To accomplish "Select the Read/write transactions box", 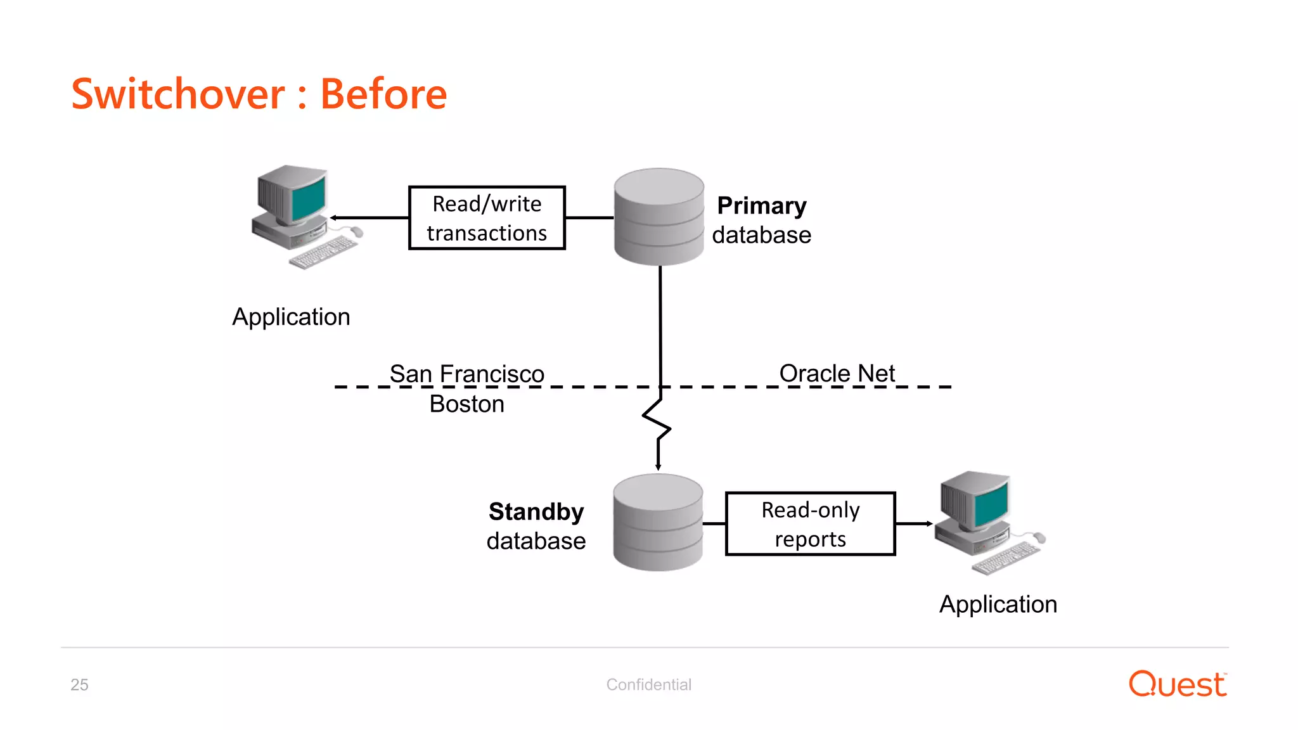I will (x=487, y=218).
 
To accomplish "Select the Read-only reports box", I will (x=810, y=524).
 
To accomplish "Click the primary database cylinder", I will (x=659, y=217).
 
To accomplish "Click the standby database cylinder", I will (x=658, y=523).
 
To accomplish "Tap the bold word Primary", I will (x=761, y=206).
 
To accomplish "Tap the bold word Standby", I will (x=536, y=511).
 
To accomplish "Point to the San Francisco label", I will (x=466, y=373).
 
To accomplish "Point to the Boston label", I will (x=466, y=404).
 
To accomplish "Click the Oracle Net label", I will (x=837, y=373).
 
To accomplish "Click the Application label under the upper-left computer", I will (x=291, y=317).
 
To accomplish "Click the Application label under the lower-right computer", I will (x=998, y=605).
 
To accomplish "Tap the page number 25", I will (x=79, y=684).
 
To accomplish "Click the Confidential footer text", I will (x=648, y=684).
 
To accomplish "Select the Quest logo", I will (x=1178, y=684).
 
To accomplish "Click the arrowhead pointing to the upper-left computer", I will (x=334, y=218).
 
